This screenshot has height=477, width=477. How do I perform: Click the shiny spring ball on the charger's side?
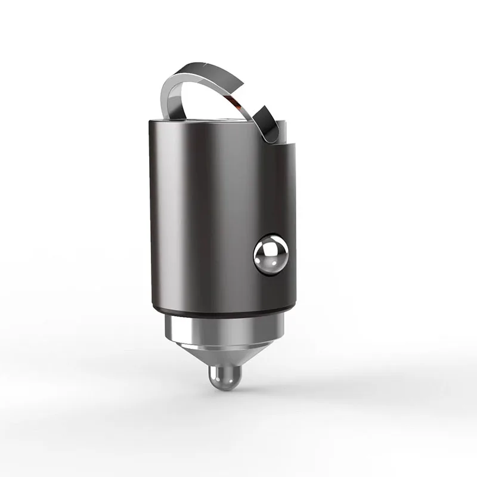271,255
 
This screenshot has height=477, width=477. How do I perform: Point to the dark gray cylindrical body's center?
221,215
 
